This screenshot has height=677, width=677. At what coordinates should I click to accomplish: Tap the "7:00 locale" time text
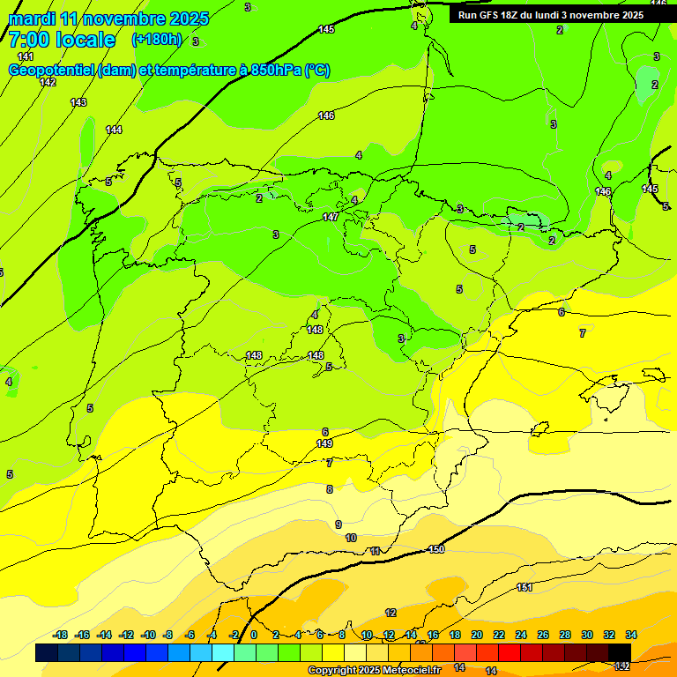[62, 40]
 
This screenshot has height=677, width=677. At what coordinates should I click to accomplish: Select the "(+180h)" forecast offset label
[156, 40]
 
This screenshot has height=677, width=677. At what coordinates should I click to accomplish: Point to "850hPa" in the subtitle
[276, 71]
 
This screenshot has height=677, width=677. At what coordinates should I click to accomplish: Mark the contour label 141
[26, 56]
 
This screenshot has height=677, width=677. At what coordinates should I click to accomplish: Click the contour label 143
[78, 102]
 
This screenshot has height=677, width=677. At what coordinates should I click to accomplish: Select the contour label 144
[114, 130]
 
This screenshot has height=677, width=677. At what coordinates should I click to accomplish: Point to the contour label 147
[330, 217]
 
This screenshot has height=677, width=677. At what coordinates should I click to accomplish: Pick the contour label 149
[324, 443]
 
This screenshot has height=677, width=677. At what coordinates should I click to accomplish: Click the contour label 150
[435, 549]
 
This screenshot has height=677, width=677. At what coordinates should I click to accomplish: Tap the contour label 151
[524, 587]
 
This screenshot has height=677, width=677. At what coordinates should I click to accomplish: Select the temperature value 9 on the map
[338, 524]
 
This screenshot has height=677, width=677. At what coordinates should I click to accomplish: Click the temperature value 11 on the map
[376, 551]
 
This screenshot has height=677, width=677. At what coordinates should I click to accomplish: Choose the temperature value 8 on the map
[330, 489]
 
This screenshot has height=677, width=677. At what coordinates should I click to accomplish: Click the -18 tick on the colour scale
[61, 635]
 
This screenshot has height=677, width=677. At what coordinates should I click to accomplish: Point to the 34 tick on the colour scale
[631, 635]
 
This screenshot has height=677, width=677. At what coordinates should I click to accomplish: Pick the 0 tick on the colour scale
[254, 635]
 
